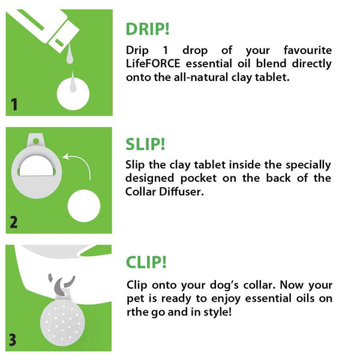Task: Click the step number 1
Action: coord(14,105)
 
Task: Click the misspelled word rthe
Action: coord(137,312)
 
